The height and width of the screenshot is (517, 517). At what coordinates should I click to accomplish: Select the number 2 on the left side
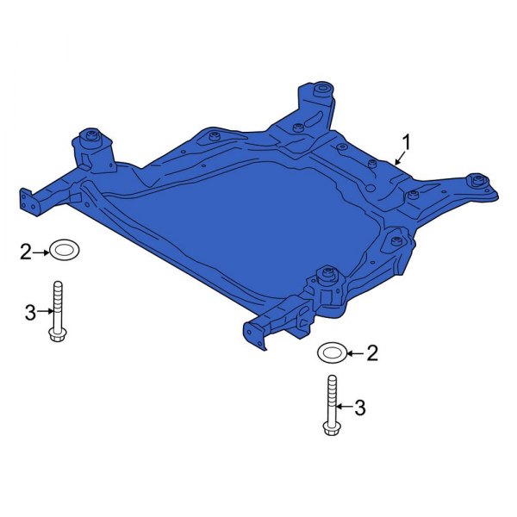tap(26, 252)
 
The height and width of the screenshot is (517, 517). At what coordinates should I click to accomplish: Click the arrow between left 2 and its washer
tap(40, 252)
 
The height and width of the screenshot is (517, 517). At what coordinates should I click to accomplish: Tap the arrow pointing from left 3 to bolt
tap(45, 313)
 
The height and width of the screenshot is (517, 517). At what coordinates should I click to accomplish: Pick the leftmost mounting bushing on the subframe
tap(90, 137)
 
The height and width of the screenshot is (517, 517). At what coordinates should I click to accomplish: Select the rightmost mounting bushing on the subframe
tap(475, 181)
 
